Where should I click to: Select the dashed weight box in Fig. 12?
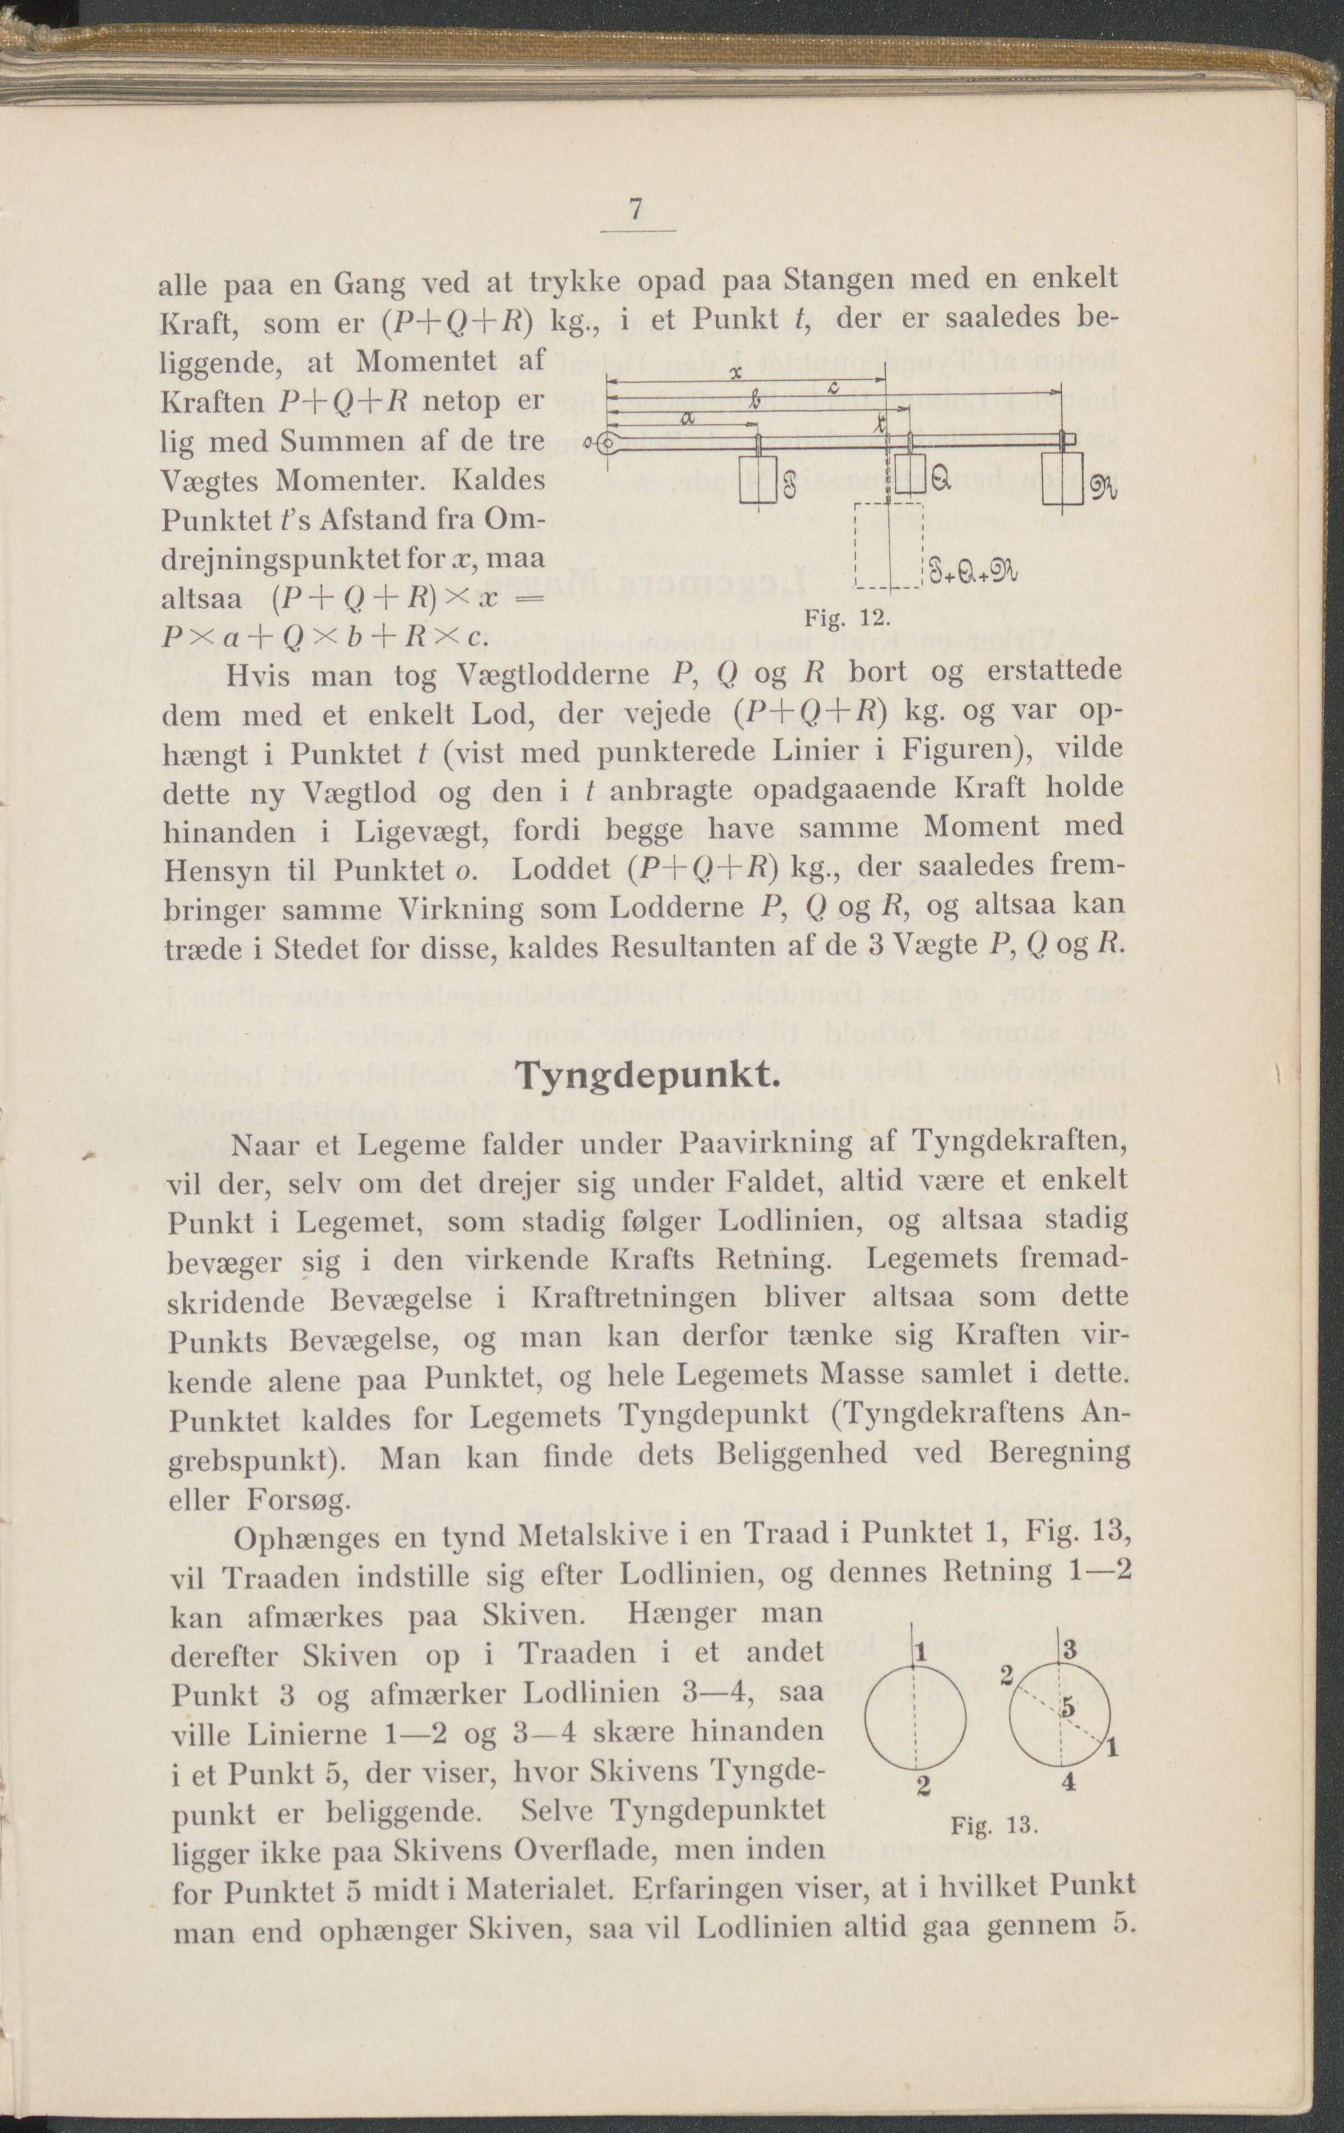point(888,545)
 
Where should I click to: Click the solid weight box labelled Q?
point(909,479)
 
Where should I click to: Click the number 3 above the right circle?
point(1070,1649)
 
